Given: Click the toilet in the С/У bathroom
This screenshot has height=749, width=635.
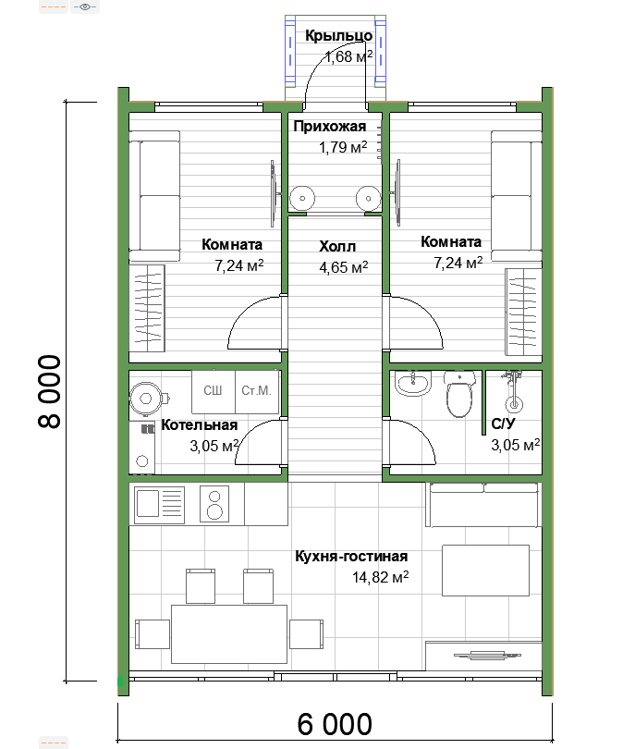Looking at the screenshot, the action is (x=458, y=395).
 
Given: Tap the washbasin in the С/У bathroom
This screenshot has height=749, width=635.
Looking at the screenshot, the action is (x=413, y=384).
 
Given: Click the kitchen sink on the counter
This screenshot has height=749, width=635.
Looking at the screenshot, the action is (x=160, y=503).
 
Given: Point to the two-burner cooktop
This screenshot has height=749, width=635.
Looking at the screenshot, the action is (x=214, y=503).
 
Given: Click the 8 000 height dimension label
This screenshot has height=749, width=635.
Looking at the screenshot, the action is (x=49, y=391).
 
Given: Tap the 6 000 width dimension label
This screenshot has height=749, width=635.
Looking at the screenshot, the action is (x=335, y=724).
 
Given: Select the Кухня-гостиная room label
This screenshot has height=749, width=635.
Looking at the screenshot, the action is (x=351, y=557).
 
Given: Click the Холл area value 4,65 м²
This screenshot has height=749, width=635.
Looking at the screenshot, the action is (x=343, y=267).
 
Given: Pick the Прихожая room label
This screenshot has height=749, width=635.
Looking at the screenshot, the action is (x=330, y=126).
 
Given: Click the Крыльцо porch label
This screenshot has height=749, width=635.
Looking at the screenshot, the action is (x=339, y=35).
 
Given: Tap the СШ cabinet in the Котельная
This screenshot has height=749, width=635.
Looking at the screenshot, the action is (x=213, y=392).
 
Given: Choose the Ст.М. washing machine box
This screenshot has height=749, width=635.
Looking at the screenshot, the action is (x=257, y=392).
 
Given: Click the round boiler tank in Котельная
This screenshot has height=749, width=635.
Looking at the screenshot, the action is (x=147, y=398).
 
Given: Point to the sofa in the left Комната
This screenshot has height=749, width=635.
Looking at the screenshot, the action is (x=154, y=196).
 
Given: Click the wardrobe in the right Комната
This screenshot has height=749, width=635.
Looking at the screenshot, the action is (x=523, y=312).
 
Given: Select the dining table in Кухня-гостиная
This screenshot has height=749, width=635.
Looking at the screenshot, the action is (x=229, y=634).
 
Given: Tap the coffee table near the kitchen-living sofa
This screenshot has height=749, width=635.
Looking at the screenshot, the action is (x=485, y=571).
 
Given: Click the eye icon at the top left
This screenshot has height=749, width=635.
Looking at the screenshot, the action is (x=85, y=6).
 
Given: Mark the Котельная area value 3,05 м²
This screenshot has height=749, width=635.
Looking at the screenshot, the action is (x=214, y=446).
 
